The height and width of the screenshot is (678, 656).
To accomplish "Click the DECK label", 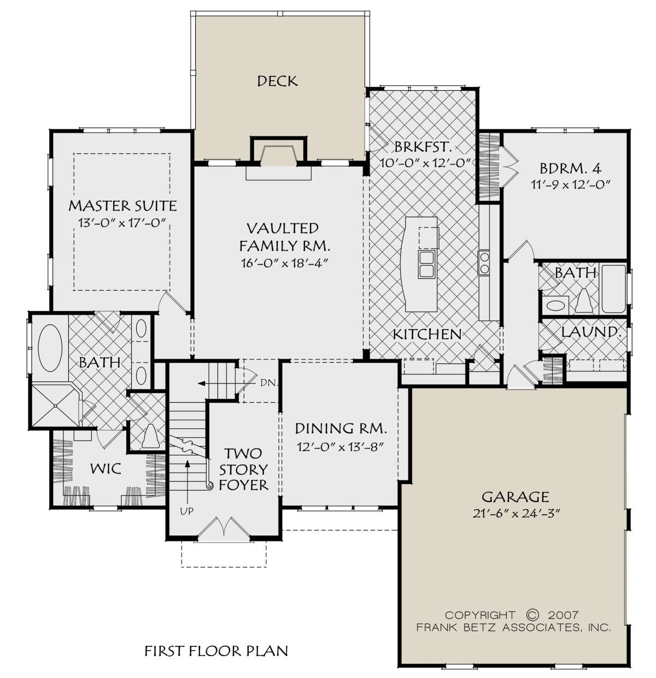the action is click(x=277, y=81).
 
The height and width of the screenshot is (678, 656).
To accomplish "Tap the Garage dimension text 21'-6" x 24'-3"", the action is click(x=516, y=514).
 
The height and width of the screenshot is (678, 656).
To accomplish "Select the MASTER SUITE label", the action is click(x=122, y=205).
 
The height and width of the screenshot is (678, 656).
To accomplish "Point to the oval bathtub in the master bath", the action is click(x=50, y=347).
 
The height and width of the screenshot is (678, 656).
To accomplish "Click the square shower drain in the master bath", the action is click(x=55, y=405).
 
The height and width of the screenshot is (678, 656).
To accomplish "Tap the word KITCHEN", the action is click(x=427, y=334).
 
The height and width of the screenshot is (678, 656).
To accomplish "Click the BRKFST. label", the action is click(x=423, y=147).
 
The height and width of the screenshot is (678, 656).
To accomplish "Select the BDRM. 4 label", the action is click(x=570, y=169).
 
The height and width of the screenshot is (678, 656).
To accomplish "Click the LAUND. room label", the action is click(x=591, y=332).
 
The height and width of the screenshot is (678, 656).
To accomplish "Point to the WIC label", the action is click(x=106, y=469).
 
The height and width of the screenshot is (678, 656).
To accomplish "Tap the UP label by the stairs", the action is click(x=187, y=511).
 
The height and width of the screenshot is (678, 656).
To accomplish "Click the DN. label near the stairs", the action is click(x=270, y=384).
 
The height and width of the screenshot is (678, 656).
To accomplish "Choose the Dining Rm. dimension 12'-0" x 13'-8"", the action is click(x=340, y=447).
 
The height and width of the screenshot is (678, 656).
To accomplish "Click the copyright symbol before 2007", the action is click(x=531, y=615).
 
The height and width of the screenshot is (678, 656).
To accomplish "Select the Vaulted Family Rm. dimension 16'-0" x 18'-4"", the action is click(x=285, y=263).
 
